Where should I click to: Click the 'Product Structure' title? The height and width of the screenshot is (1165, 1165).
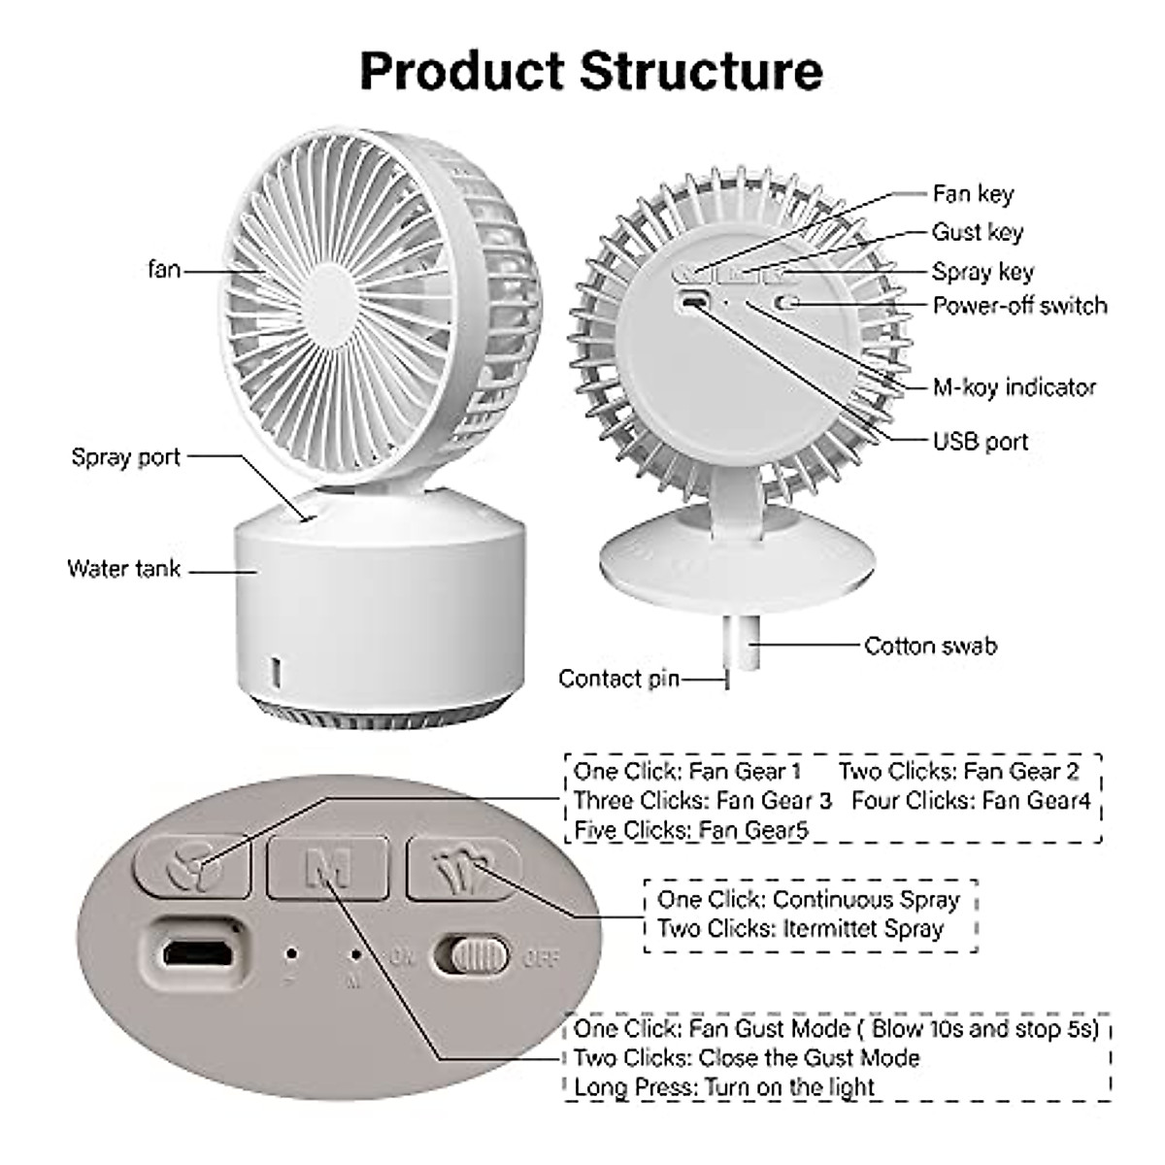pyautogui.click(x=590, y=70)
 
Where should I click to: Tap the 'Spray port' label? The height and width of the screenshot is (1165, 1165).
pyautogui.click(x=126, y=456)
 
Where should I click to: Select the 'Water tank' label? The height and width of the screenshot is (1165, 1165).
pyautogui.click(x=123, y=569)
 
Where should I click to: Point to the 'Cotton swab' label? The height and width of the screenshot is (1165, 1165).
pyautogui.click(x=930, y=646)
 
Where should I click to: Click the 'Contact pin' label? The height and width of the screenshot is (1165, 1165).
pyautogui.click(x=618, y=679)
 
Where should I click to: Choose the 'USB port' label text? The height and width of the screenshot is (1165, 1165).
pyautogui.click(x=980, y=442)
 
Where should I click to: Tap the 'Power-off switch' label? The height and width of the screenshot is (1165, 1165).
pyautogui.click(x=1019, y=306)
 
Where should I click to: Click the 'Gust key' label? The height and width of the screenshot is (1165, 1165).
pyautogui.click(x=977, y=232)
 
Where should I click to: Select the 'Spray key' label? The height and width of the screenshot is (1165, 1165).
pyautogui.click(x=982, y=272)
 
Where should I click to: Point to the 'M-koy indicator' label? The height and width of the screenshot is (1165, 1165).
pyautogui.click(x=1014, y=387)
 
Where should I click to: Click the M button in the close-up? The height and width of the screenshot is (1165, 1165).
pyautogui.click(x=328, y=867)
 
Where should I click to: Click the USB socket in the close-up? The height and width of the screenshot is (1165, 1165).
pyautogui.click(x=198, y=953)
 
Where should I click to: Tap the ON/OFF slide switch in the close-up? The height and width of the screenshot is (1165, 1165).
pyautogui.click(x=471, y=956)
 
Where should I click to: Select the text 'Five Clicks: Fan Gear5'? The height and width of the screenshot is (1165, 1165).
pyautogui.click(x=690, y=830)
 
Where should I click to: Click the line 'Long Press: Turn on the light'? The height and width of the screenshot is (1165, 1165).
pyautogui.click(x=724, y=1087)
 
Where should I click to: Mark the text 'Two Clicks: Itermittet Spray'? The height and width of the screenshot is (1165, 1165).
pyautogui.click(x=800, y=929)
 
